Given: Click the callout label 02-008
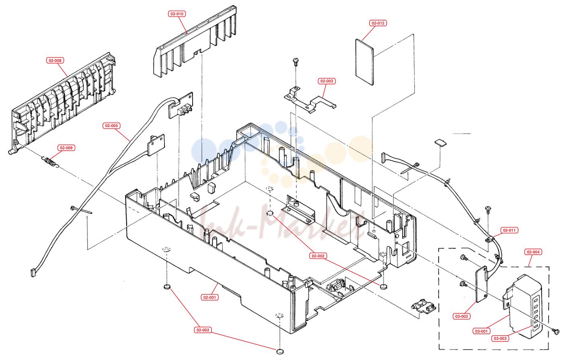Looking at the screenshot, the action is coord(55,60).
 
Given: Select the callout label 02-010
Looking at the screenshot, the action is coord(177,14).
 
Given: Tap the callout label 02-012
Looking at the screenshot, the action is coord(378,23).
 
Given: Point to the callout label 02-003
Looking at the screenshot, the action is coord(327,81).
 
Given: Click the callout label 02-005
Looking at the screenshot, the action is coord(111,126).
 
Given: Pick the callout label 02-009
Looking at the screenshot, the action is coord(66,148).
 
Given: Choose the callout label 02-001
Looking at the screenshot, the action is coord(210,298).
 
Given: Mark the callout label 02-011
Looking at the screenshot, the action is coord(509,230).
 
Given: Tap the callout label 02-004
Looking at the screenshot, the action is coord(533,252).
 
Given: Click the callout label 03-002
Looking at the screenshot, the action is coord(462,317).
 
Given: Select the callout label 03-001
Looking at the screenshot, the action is coord(481,331).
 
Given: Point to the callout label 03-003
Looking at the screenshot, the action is coord(500,339).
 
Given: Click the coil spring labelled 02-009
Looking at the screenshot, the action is coord(50,162).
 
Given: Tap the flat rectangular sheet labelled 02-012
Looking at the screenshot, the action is coord(364,62).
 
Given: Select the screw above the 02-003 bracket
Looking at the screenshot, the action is coord(296,62).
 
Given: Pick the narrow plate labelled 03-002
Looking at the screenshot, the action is coord(481,284).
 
